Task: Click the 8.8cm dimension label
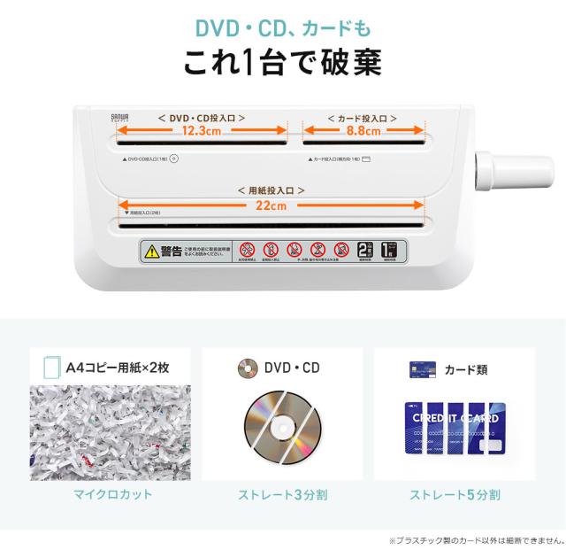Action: (364, 130)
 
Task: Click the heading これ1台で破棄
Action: (282, 63)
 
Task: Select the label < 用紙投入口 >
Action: (272, 190)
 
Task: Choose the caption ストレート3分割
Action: (282, 494)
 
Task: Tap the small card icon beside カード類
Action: (418, 368)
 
